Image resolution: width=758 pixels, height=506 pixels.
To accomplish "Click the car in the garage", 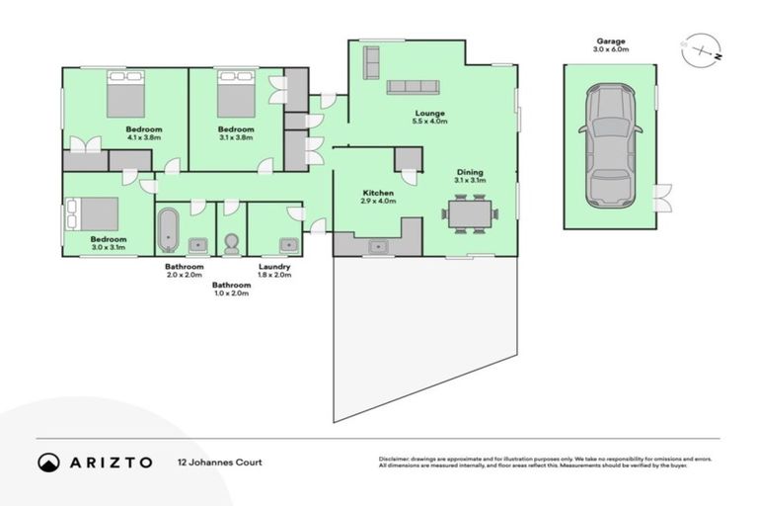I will (609, 146).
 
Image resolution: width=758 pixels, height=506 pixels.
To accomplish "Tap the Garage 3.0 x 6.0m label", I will (609, 44).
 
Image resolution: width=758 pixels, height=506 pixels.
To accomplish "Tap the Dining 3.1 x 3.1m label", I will (471, 176).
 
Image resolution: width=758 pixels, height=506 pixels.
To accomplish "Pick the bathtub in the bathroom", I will (168, 230).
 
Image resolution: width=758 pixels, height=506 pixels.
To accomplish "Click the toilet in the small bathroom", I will (232, 242).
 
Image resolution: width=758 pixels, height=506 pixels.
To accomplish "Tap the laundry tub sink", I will (288, 244).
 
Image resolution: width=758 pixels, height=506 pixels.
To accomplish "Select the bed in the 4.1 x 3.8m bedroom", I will (127, 97).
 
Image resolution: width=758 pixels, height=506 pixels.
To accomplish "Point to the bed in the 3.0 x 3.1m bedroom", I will (92, 213).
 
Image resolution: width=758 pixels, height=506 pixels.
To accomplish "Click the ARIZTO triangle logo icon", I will (48, 462).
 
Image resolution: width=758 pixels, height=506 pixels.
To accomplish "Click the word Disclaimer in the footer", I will (396, 460).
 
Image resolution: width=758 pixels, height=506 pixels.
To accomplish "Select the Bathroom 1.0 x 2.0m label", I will (232, 289).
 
